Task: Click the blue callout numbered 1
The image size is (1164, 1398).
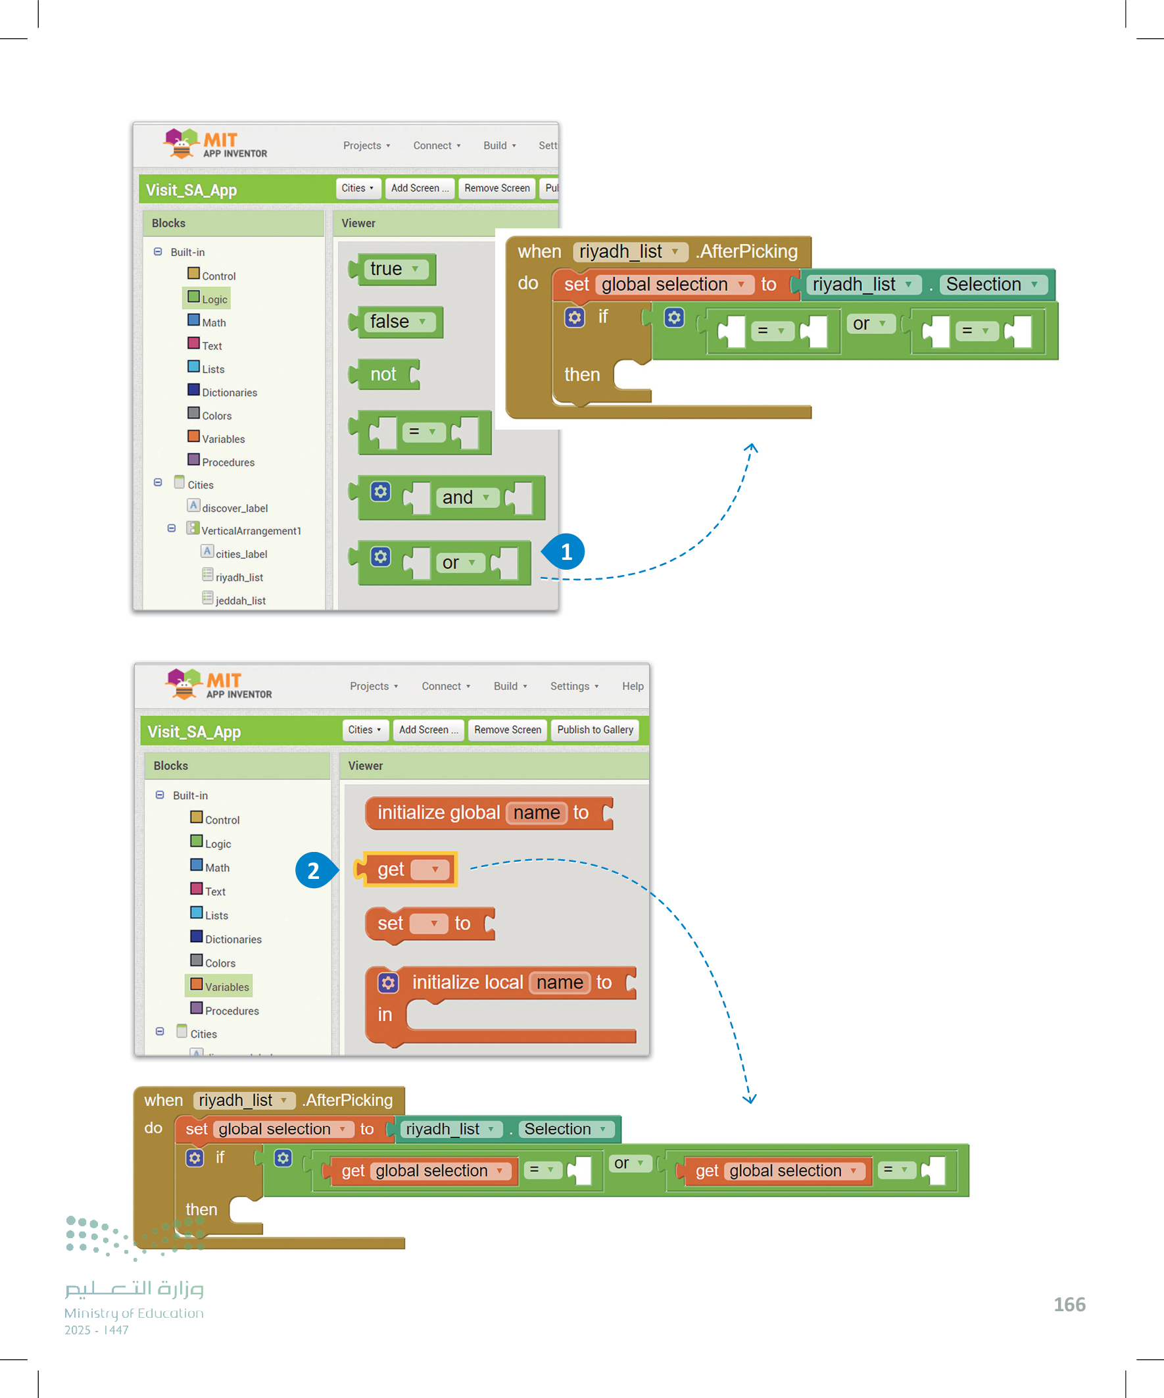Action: pyautogui.click(x=566, y=552)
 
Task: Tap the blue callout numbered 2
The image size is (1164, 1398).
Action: pyautogui.click(x=314, y=870)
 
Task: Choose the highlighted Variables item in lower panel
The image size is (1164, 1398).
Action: pyautogui.click(x=220, y=987)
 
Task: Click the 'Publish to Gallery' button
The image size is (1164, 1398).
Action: pyautogui.click(x=594, y=730)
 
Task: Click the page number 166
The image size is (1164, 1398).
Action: pyautogui.click(x=1069, y=1304)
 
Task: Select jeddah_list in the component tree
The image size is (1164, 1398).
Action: pyautogui.click(x=239, y=601)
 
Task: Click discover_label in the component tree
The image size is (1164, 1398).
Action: pyautogui.click(x=234, y=508)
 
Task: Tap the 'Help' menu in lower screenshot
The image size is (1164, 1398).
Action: pyautogui.click(x=632, y=686)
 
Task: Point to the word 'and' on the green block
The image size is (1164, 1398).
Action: pyautogui.click(x=457, y=497)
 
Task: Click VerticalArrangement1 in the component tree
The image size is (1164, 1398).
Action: pyautogui.click(x=251, y=530)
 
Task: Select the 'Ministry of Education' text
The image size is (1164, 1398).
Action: pyautogui.click(x=133, y=1312)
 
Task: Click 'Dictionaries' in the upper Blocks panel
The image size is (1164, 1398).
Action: pyautogui.click(x=229, y=392)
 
